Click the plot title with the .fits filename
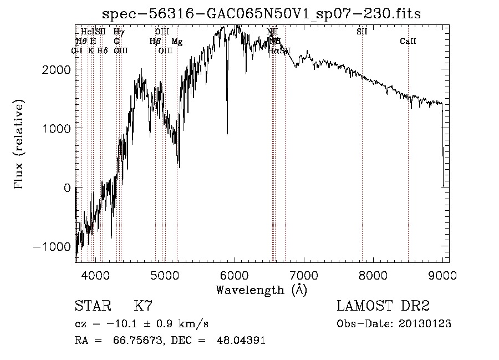click(x=262, y=14)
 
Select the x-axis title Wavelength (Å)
click(x=261, y=290)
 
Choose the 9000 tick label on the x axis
click(x=442, y=275)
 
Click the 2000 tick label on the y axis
click(x=57, y=69)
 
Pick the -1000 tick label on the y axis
click(x=54, y=247)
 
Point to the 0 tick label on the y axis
click(x=67, y=187)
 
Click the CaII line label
click(x=408, y=42)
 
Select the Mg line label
click(x=176, y=42)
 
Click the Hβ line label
click(x=155, y=42)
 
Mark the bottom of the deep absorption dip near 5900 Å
click(x=227, y=134)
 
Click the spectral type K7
click(x=143, y=306)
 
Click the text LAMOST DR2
click(x=383, y=306)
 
